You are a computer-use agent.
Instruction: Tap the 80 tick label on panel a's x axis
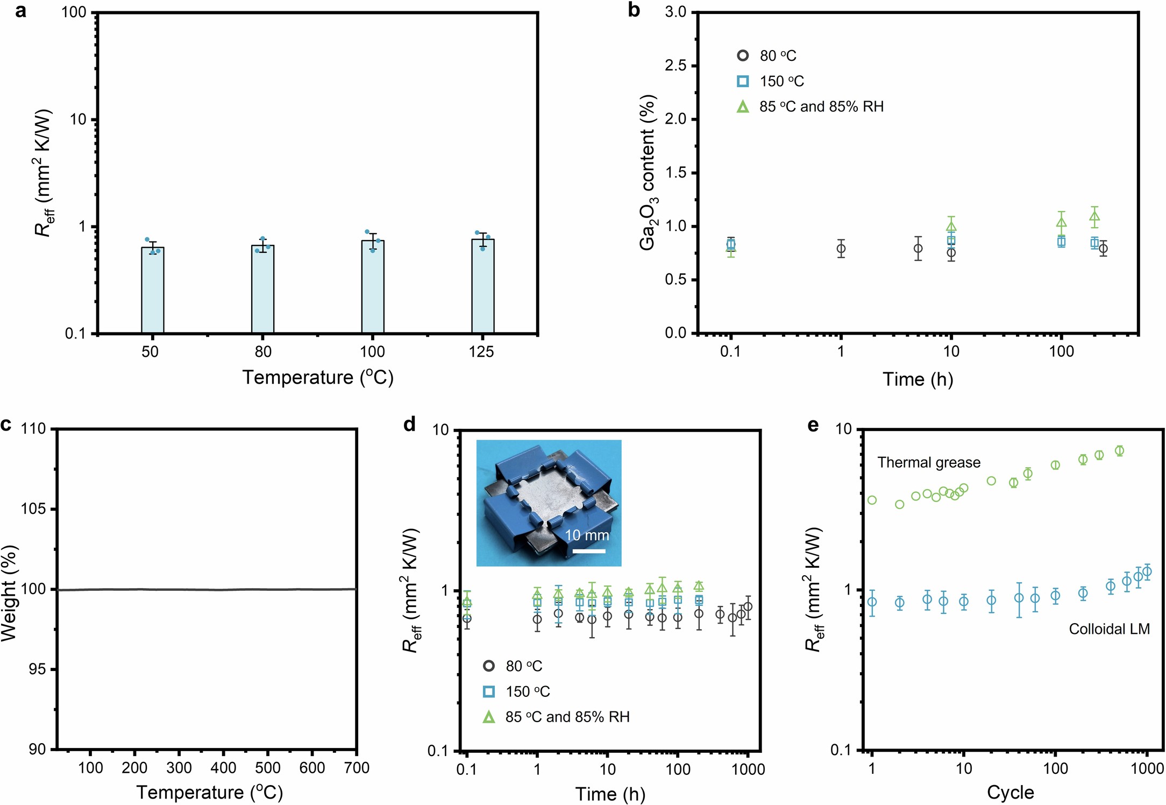pyautogui.click(x=263, y=352)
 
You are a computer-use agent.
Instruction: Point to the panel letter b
pyautogui.click(x=634, y=10)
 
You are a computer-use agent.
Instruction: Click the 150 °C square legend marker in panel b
pyautogui.click(x=742, y=81)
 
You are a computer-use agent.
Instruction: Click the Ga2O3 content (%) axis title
pyautogui.click(x=648, y=172)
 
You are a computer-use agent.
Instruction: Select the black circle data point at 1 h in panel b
pyautogui.click(x=841, y=249)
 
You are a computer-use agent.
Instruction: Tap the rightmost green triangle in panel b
pyautogui.click(x=1094, y=217)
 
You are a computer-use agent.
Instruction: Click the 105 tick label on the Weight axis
pyautogui.click(x=33, y=509)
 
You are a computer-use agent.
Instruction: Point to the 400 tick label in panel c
pyautogui.click(x=223, y=768)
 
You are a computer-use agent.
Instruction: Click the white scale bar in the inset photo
pyautogui.click(x=588, y=551)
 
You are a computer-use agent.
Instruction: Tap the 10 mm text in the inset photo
pyautogui.click(x=587, y=535)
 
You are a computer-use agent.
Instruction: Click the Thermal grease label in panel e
pyautogui.click(x=929, y=463)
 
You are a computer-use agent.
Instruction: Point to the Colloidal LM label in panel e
pyautogui.click(x=1109, y=629)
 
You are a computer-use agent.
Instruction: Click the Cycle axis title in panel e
pyautogui.click(x=1010, y=793)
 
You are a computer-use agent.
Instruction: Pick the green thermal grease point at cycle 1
pyautogui.click(x=872, y=500)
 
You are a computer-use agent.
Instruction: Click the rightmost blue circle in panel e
pyautogui.click(x=1147, y=571)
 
